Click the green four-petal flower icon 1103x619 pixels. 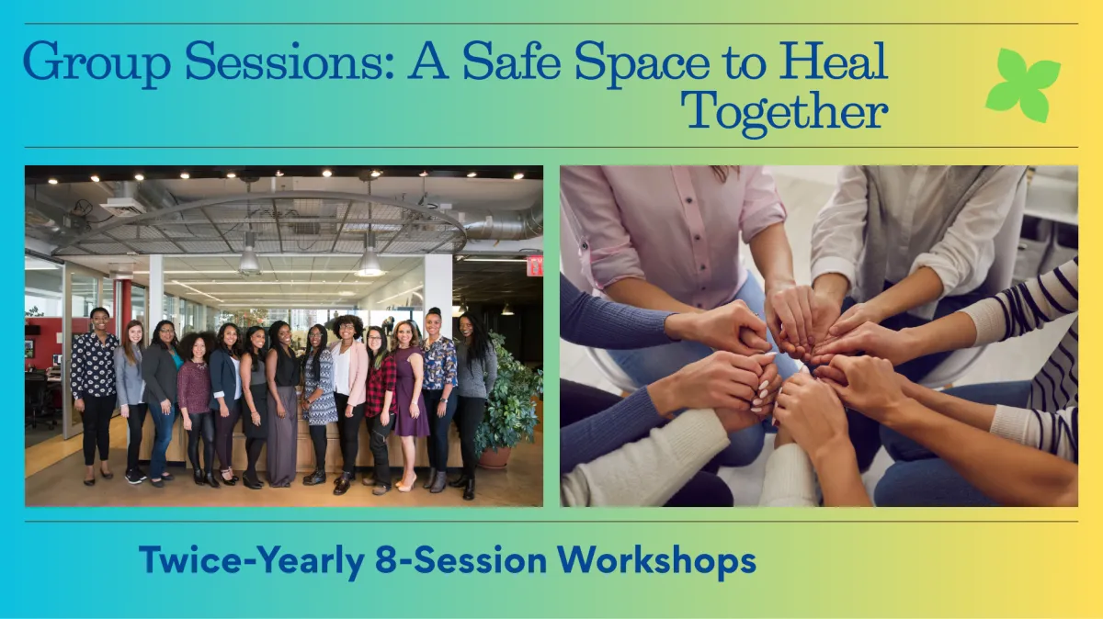click(1022, 84)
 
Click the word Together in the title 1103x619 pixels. click(783, 112)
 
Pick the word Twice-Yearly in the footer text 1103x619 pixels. click(250, 559)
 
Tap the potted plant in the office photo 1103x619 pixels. click(508, 404)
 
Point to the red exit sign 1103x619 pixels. click(534, 265)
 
